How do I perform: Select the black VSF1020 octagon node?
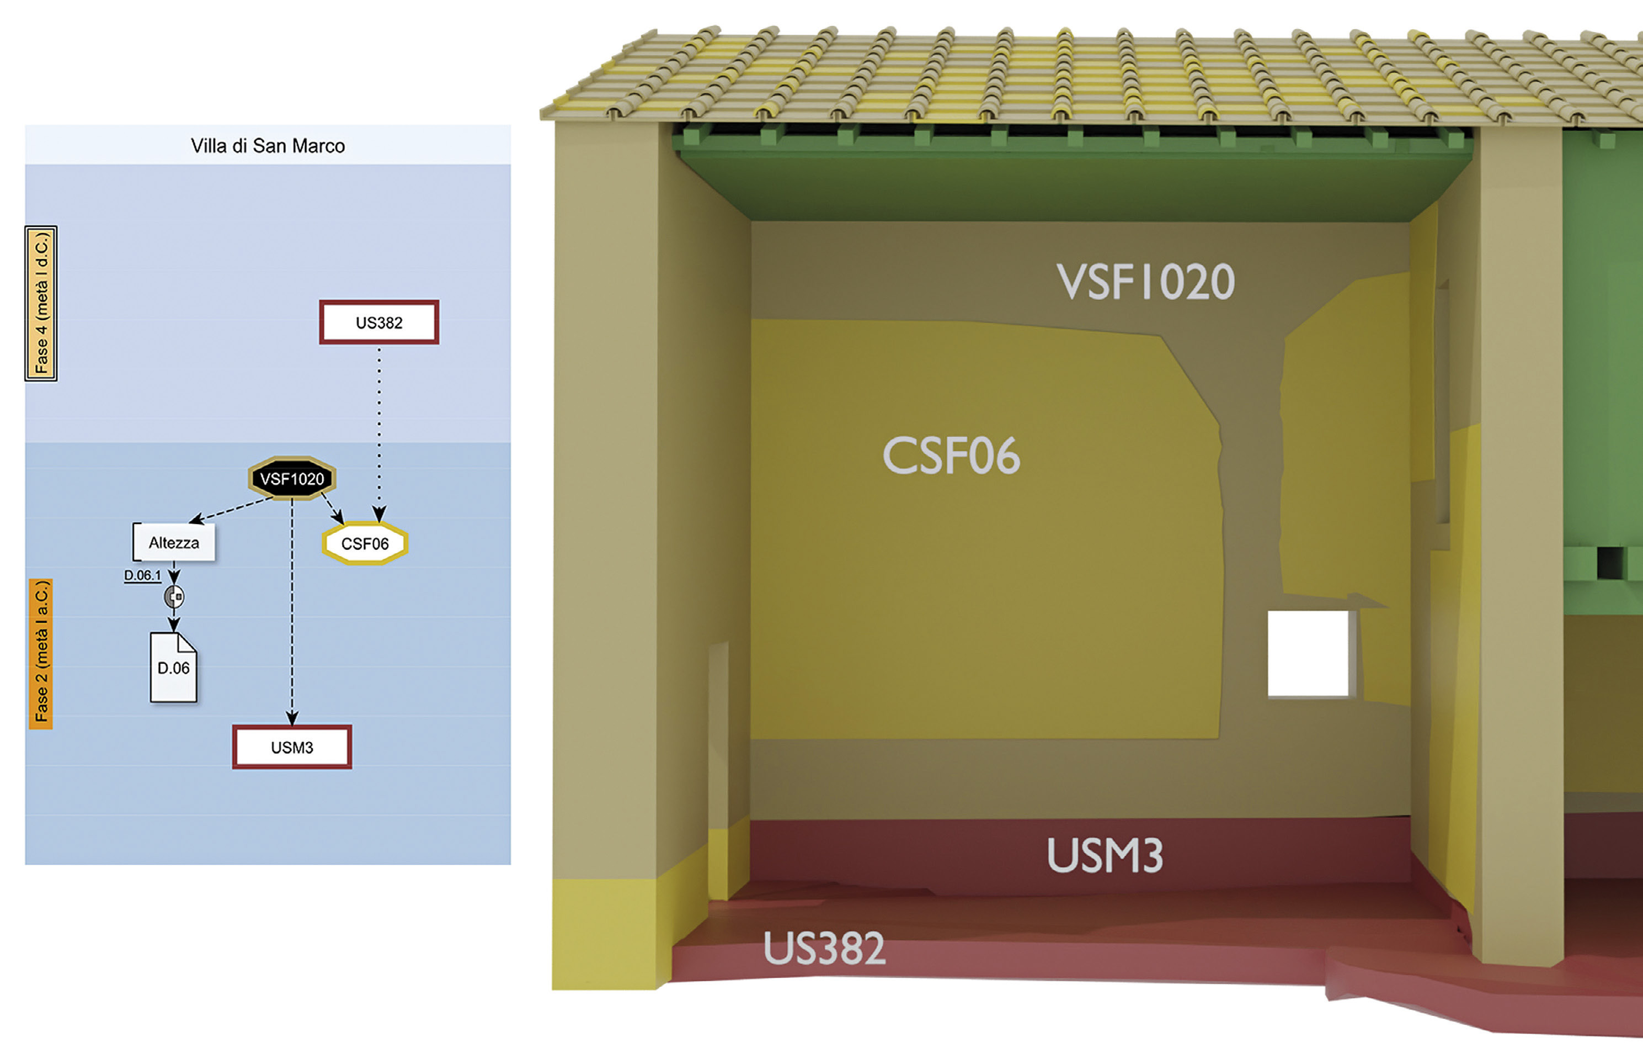pyautogui.click(x=292, y=479)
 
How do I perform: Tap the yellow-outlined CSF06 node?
pyautogui.click(x=365, y=543)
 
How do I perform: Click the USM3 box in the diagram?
pyautogui.click(x=292, y=747)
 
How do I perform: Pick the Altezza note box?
pyautogui.click(x=174, y=543)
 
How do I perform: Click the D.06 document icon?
pyautogui.click(x=173, y=668)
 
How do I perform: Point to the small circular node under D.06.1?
pyautogui.click(x=174, y=597)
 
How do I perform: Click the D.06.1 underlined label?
pyautogui.click(x=142, y=575)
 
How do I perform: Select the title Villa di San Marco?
pyautogui.click(x=268, y=145)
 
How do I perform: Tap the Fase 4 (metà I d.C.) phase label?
pyautogui.click(x=41, y=303)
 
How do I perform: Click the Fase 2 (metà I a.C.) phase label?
pyautogui.click(x=41, y=653)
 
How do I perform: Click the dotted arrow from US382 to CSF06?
pyautogui.click(x=380, y=424)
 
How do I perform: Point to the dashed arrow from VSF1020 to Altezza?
pyautogui.click(x=232, y=510)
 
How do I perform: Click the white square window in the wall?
pyautogui.click(x=1308, y=653)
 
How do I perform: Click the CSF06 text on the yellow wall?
pyautogui.click(x=951, y=456)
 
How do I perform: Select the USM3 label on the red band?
pyautogui.click(x=1105, y=855)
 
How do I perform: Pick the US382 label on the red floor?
pyautogui.click(x=824, y=948)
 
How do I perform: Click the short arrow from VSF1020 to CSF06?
pyautogui.click(x=332, y=508)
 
